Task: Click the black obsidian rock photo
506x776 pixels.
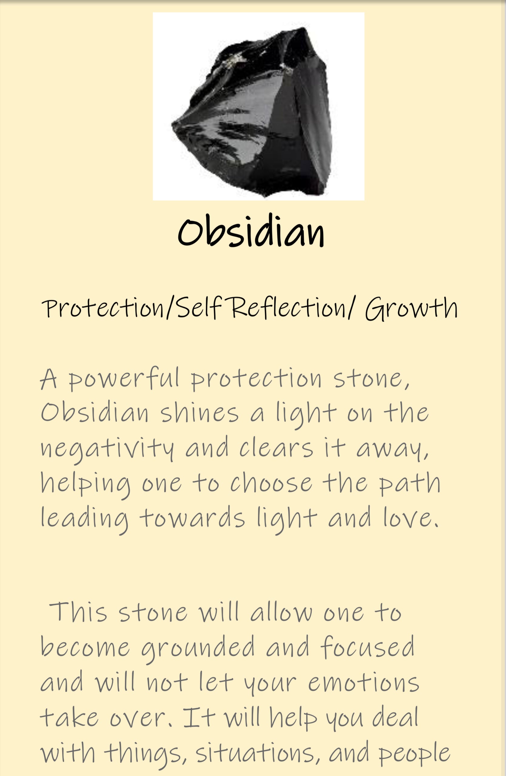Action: click(x=258, y=106)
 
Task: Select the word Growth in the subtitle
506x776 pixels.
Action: click(x=411, y=308)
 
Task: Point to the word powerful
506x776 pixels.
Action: click(x=124, y=379)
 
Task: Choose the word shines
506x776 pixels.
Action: click(x=200, y=413)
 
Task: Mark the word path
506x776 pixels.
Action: click(x=410, y=483)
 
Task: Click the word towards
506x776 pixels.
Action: click(x=192, y=517)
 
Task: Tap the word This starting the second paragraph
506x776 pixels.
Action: click(x=78, y=612)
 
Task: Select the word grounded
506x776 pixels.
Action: click(x=198, y=647)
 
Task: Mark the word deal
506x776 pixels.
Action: click(x=395, y=717)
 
